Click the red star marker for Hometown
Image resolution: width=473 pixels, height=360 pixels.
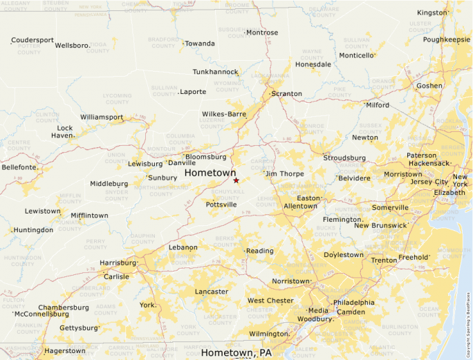[236, 180]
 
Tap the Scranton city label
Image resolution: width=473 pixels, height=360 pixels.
[286, 93]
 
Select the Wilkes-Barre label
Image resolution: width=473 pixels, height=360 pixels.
[224, 114]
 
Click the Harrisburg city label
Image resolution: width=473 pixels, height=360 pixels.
[118, 263]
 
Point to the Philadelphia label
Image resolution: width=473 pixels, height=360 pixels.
[353, 303]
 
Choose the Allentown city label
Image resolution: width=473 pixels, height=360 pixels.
[300, 206]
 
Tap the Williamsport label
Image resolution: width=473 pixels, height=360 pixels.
[102, 117]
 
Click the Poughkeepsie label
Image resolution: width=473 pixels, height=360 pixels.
[447, 39]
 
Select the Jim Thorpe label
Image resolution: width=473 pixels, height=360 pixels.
[284, 173]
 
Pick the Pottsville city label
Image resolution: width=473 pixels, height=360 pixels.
[221, 205]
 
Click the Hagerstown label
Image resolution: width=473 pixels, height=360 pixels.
[65, 350]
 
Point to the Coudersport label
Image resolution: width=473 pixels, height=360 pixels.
[33, 40]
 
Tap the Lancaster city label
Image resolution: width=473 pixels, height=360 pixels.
[212, 292]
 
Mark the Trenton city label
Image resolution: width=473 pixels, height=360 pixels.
[384, 260]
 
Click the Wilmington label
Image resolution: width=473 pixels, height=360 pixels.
[268, 334]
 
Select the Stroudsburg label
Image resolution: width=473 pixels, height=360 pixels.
[344, 158]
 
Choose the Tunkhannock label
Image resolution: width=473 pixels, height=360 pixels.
[215, 71]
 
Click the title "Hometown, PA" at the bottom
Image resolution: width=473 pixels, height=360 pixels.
[236, 353]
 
